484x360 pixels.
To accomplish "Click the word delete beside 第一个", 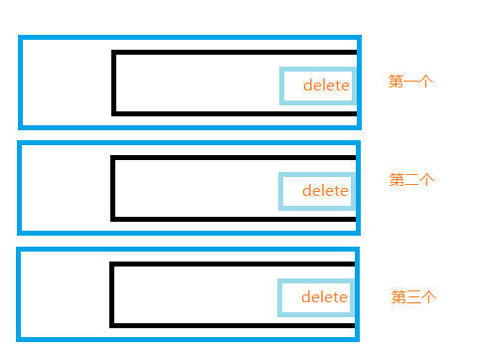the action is tap(326, 86).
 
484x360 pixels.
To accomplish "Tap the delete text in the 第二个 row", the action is tap(325, 191).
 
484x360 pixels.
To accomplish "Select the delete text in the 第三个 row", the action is tap(324, 297).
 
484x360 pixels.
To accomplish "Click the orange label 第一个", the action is tap(410, 82).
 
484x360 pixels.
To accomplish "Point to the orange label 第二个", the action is tap(411, 179).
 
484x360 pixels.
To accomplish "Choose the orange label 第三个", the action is tap(413, 296).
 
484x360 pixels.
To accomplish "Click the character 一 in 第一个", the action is tap(410, 82).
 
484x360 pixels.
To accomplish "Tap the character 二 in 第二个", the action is tap(411, 180).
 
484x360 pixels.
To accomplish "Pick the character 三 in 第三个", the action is tap(413, 297).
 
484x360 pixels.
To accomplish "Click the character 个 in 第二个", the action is tap(427, 179).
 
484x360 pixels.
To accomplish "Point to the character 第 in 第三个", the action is tap(399, 296).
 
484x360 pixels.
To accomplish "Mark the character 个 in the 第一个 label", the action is tap(426, 82).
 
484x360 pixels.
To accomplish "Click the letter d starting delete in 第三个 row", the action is tap(306, 297).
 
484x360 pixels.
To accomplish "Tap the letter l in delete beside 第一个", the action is tap(325, 85).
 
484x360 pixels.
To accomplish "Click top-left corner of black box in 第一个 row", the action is tap(113, 52).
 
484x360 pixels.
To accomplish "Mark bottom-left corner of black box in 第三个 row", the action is tap(111, 326).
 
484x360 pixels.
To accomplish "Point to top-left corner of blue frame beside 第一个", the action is tap(20, 37).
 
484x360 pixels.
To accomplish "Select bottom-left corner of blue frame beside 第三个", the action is tap(18, 339).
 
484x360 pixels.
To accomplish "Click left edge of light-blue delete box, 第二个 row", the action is tap(280, 191).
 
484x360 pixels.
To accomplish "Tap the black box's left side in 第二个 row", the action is tap(112, 188).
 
